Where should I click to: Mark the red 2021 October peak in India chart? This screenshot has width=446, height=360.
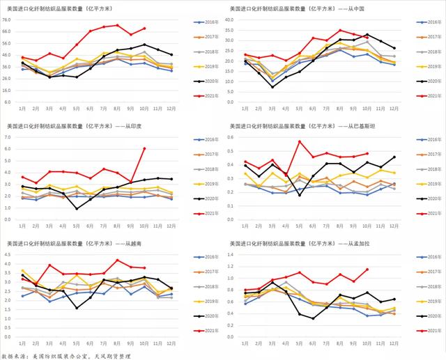[144, 148]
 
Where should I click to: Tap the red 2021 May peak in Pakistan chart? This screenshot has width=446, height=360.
[300, 141]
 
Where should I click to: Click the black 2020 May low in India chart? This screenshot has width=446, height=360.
[77, 208]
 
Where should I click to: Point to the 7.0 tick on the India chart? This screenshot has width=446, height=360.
[13, 137]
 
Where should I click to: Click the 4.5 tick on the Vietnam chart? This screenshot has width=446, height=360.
[13, 256]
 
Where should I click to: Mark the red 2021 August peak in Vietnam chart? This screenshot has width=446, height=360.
[117, 260]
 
